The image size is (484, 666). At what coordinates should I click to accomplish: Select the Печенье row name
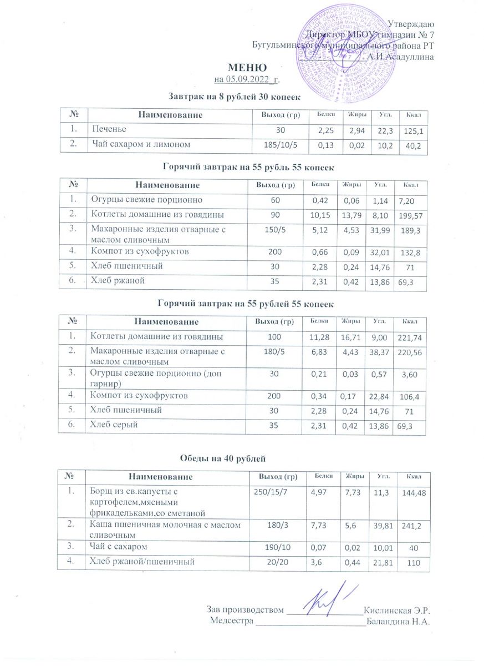pyautogui.click(x=108, y=129)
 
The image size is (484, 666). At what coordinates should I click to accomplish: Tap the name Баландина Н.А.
pyautogui.click(x=399, y=621)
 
